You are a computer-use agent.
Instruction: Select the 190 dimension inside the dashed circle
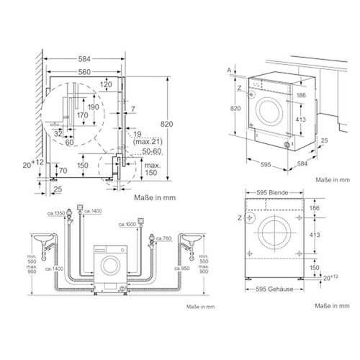93,107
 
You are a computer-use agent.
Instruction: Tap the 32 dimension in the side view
57,133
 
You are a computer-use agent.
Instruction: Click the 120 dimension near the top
107,84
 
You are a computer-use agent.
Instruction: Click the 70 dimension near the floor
63,171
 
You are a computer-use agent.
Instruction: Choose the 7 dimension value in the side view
132,109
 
